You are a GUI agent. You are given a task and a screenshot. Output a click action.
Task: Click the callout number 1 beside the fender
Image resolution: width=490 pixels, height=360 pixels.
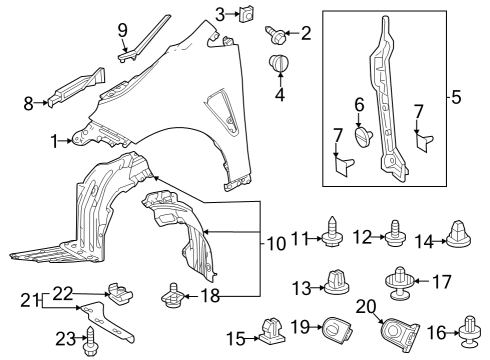[x=53, y=142]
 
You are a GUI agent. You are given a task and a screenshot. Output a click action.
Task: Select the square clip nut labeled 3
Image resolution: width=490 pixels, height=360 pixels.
[x=245, y=14]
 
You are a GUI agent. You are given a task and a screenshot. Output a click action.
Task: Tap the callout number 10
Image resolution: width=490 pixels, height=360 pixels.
[x=275, y=243]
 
